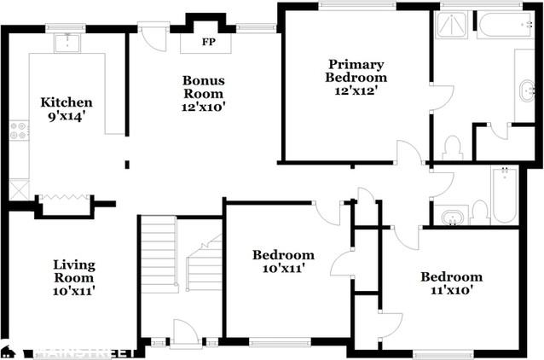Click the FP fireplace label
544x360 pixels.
(208, 42)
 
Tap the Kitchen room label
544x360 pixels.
(67, 103)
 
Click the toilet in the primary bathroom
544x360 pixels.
(453, 148)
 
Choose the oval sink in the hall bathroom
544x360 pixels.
(449, 216)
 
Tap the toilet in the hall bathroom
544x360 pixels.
(479, 211)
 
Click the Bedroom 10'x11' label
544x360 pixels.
(284, 261)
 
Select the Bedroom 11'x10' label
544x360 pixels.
(451, 283)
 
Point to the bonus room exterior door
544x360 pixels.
(154, 38)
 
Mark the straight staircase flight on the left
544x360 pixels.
(158, 253)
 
